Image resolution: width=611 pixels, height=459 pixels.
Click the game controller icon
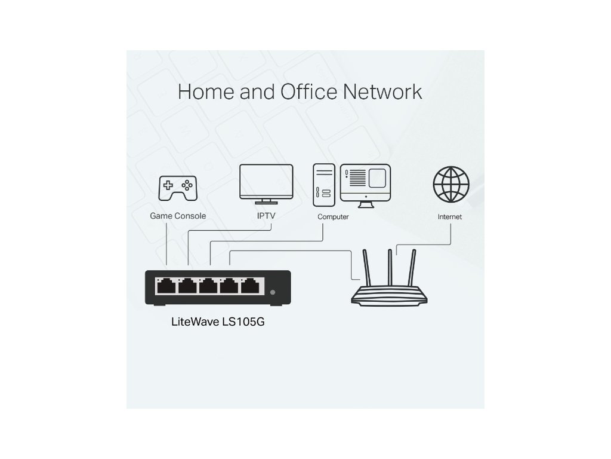177,188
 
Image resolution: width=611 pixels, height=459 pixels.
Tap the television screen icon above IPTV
266,182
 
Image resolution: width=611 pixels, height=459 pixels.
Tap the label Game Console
177,216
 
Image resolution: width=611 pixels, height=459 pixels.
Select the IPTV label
266,216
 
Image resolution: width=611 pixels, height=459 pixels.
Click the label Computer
333,216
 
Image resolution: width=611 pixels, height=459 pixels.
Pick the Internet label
449,217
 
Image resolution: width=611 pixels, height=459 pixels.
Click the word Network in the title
383,92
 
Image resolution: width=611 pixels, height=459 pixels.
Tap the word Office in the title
302,92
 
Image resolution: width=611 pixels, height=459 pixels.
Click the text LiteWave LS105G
219,322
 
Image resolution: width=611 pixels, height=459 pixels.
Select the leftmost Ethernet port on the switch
165,286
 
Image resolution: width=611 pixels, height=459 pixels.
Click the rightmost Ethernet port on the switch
248,286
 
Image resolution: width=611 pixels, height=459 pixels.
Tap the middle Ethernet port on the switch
206,286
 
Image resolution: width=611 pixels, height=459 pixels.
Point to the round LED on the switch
273,292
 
